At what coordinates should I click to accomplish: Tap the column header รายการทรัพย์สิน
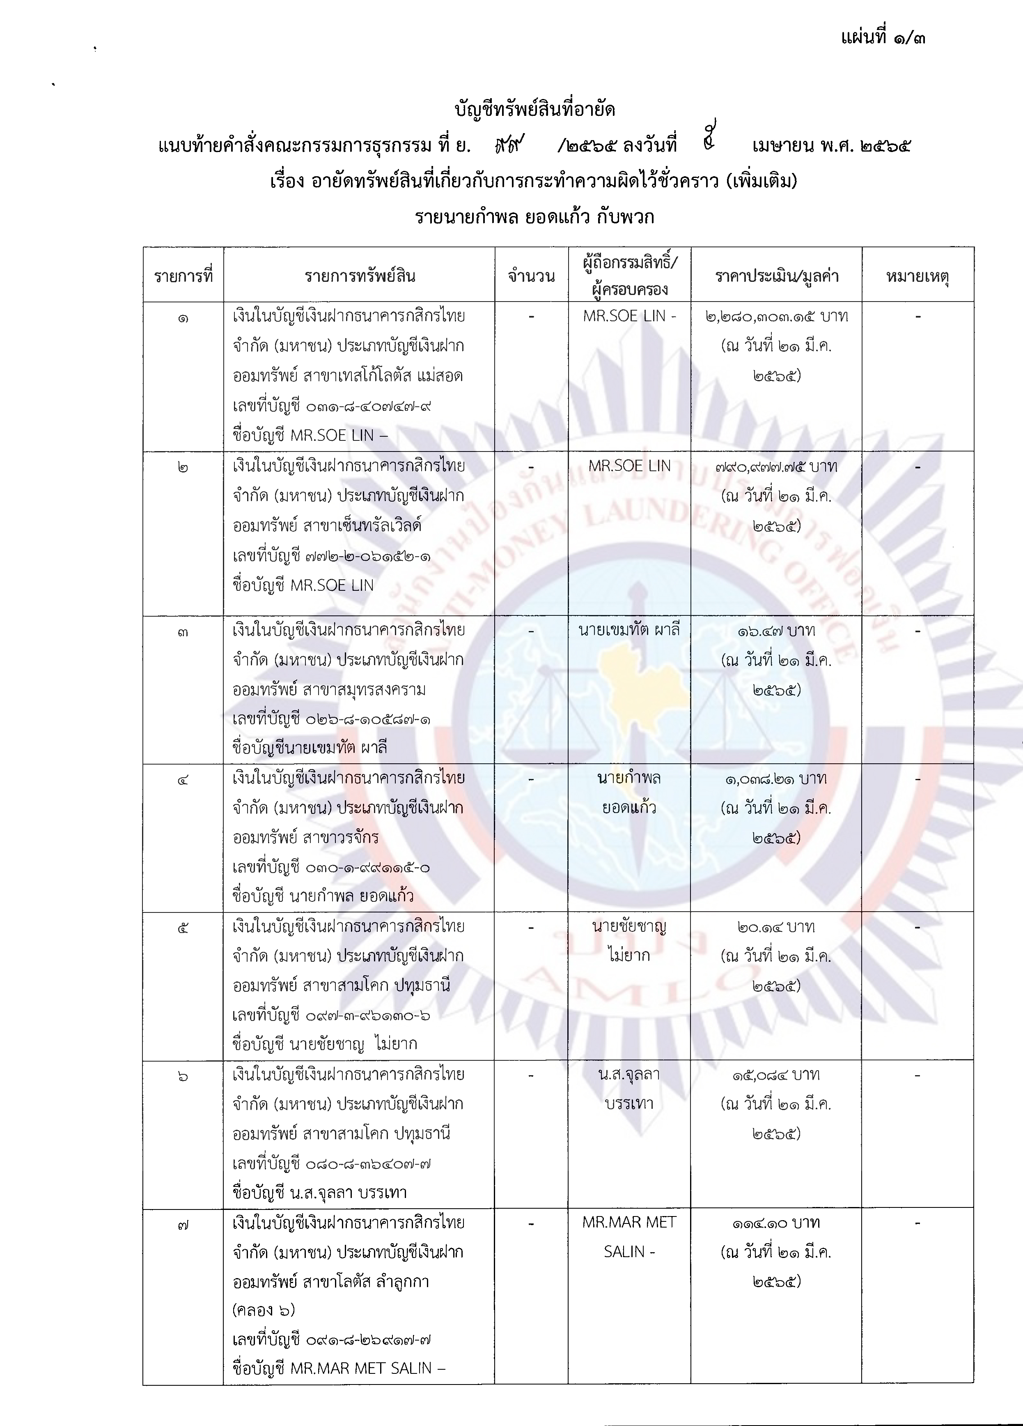(360, 276)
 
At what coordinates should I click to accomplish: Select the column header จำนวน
(532, 276)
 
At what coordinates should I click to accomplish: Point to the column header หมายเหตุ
(917, 276)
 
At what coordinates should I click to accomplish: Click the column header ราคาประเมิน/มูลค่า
(777, 276)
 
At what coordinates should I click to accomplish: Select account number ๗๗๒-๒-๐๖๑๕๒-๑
(367, 556)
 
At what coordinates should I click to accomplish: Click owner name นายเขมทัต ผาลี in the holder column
(629, 630)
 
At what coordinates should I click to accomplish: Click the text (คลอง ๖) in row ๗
(263, 1310)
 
